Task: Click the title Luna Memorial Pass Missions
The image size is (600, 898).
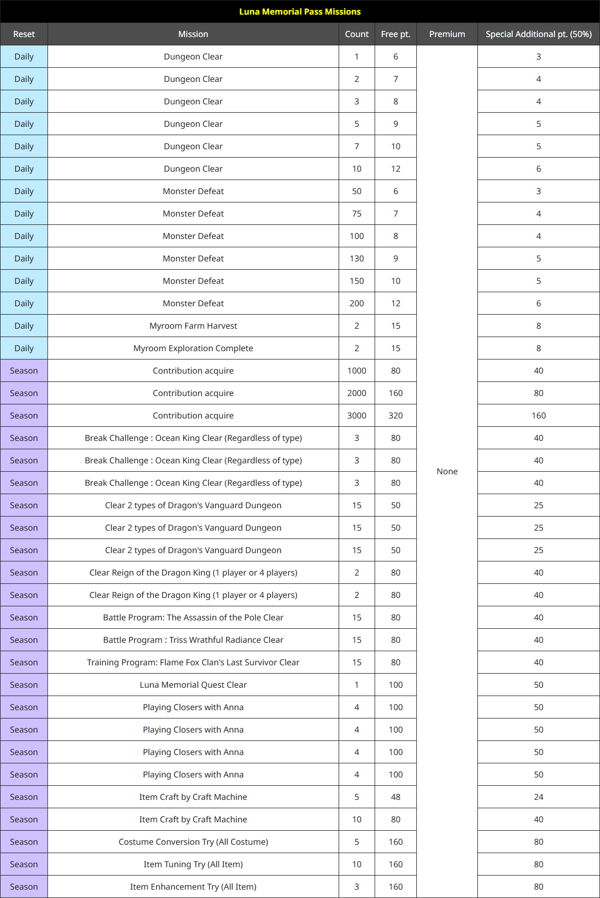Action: tap(300, 11)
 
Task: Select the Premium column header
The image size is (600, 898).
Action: tap(447, 34)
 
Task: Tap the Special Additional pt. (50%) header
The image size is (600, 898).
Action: tap(538, 34)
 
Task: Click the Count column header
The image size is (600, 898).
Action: tap(357, 34)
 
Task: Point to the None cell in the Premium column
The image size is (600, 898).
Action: tap(447, 471)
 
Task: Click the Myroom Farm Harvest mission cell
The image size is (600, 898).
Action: tap(193, 326)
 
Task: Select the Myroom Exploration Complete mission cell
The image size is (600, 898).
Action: tap(193, 348)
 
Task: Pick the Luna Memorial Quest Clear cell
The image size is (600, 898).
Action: tap(193, 685)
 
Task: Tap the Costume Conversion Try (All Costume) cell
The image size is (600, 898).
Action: tap(193, 842)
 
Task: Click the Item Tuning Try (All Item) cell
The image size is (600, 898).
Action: tap(193, 864)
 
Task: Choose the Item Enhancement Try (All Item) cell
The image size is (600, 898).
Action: tap(193, 887)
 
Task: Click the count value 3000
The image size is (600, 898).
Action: tap(357, 415)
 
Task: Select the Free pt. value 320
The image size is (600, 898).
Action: tap(395, 415)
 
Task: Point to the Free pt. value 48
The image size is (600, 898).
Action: tap(395, 797)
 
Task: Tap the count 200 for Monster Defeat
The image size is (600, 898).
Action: tap(357, 303)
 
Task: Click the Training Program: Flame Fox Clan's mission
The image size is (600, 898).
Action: tap(193, 662)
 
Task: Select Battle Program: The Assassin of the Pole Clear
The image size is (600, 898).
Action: tap(193, 617)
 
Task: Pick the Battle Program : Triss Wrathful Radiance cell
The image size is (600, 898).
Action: tap(193, 640)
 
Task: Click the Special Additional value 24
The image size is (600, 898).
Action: tap(538, 797)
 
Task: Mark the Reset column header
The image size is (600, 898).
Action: tap(24, 34)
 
